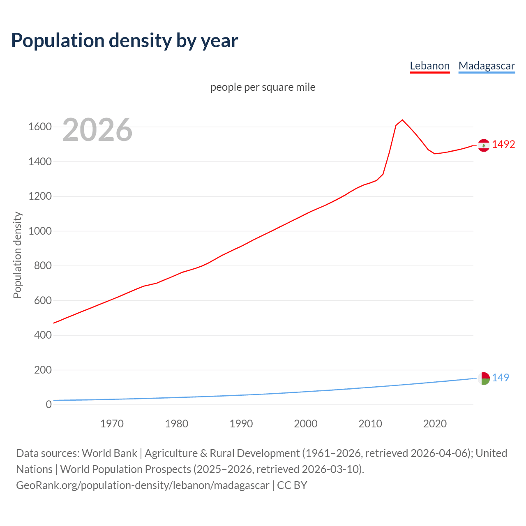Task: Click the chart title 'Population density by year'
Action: point(125,40)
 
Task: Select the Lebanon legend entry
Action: point(429,66)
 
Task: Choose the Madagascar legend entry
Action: point(487,66)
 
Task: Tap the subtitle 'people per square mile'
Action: point(263,87)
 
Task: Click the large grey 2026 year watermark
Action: point(97,130)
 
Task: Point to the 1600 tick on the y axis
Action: point(40,127)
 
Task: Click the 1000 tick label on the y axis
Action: point(40,231)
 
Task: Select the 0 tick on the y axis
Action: point(48,404)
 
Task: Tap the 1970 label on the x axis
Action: point(112,424)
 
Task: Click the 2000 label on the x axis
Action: point(305,424)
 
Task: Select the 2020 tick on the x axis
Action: point(435,424)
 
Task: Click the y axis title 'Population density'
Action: point(17,255)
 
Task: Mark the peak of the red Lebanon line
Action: point(402,120)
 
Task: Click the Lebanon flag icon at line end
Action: point(484,145)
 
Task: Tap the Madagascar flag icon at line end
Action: point(484,378)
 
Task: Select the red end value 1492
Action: point(503,144)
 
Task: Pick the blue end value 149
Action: point(501,378)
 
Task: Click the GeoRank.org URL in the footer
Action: point(143,485)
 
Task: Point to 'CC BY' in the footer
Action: point(292,485)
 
